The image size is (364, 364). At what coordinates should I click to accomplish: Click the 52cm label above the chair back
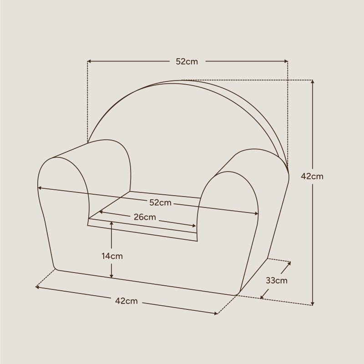187,61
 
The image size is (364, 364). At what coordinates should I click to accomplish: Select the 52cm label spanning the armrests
161,202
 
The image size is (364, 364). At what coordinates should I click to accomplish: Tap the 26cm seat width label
145,217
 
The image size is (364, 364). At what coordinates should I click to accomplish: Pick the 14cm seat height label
112,256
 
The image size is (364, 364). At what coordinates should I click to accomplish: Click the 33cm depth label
277,280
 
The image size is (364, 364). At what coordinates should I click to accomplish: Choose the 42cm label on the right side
312,176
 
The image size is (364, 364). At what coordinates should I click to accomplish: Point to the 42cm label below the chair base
126,301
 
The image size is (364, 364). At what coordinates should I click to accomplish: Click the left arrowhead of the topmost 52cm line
89,61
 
